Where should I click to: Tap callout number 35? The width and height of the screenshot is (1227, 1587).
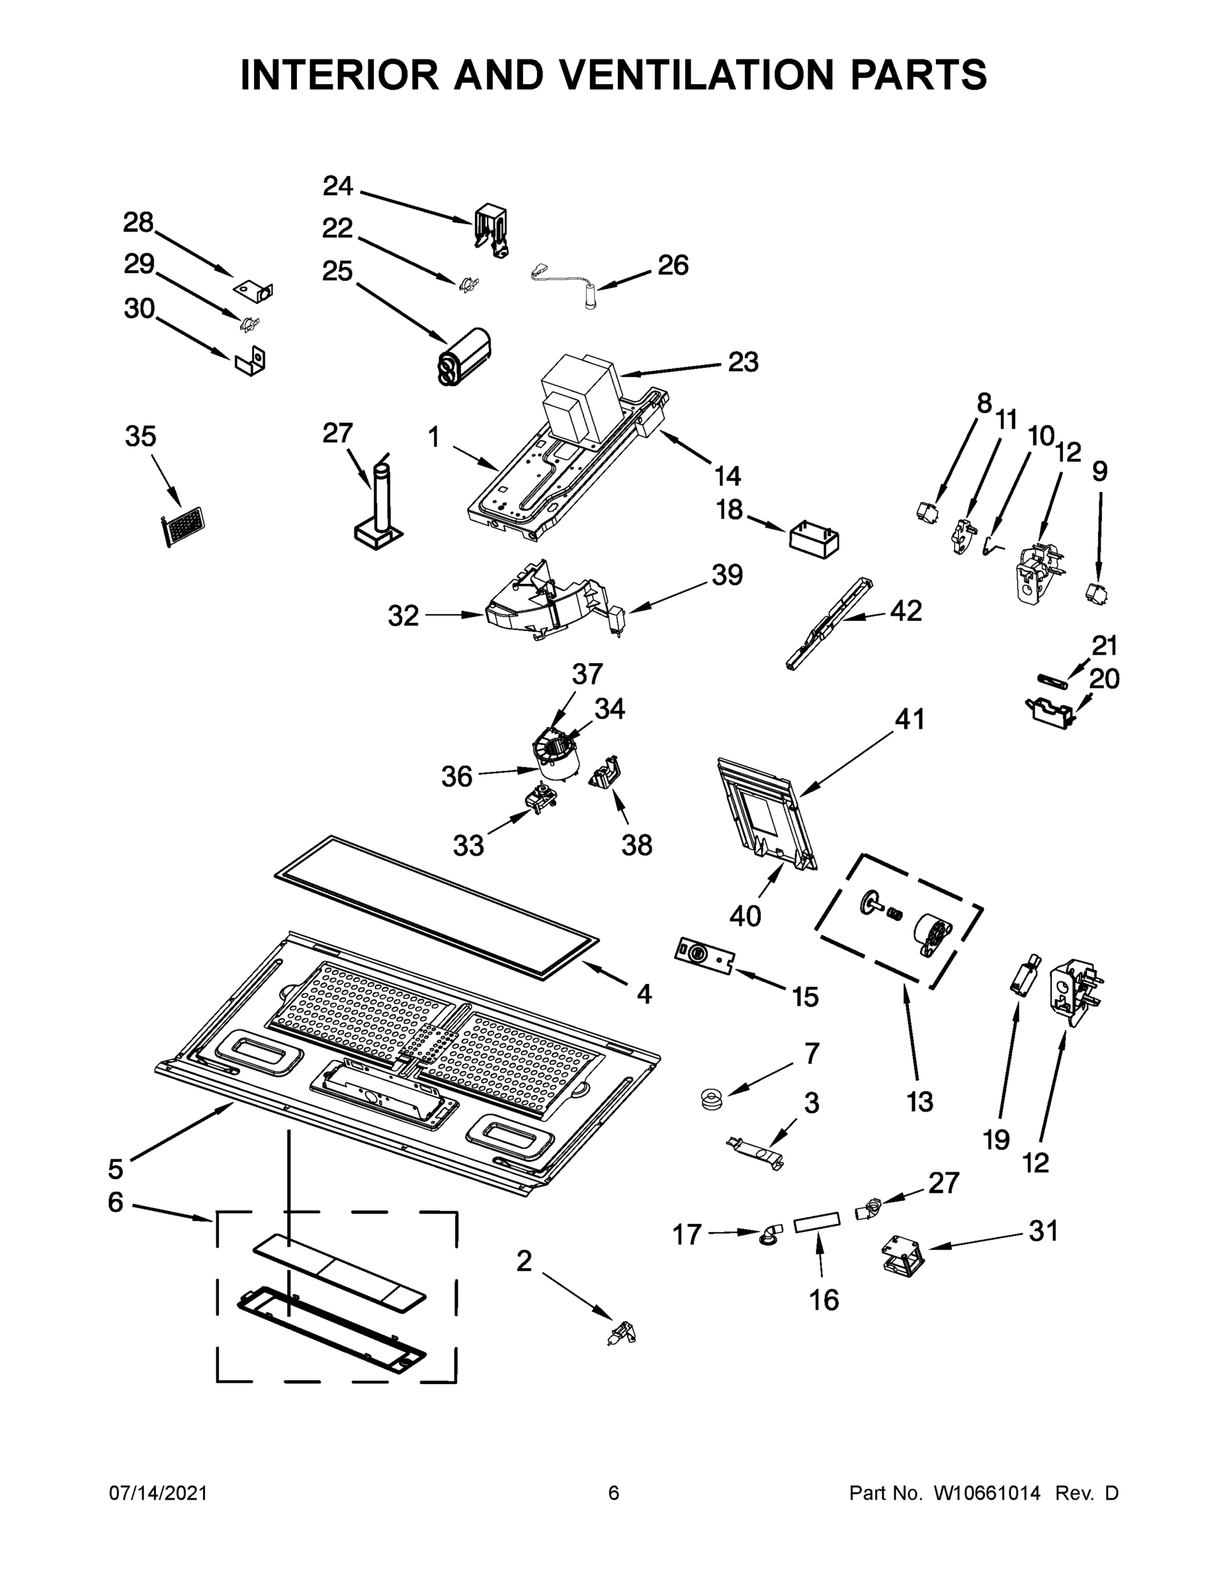[140, 436]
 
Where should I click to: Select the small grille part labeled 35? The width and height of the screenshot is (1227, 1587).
[182, 526]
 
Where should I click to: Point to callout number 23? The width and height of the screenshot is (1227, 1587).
[743, 362]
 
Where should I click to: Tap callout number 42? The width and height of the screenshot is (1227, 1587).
[906, 611]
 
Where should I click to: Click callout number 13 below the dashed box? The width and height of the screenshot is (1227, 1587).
[919, 1102]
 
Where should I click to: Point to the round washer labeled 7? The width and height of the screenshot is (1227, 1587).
[707, 1100]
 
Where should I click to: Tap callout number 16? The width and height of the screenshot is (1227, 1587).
[824, 1300]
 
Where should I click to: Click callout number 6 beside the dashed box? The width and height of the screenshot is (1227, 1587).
[116, 1202]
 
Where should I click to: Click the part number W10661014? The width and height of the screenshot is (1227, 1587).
[986, 1492]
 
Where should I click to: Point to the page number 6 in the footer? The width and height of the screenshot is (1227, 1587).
[614, 1492]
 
